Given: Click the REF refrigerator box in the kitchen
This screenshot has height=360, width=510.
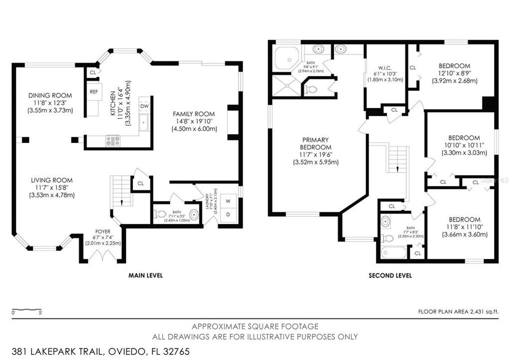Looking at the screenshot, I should point(93,92).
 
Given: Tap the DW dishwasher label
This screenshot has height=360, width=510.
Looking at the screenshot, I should point(144,106).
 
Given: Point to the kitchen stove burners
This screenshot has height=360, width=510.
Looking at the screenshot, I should point(112,140).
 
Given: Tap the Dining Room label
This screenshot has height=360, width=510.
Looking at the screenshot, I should point(50,95).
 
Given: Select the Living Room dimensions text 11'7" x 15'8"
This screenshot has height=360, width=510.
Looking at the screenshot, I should point(51,187).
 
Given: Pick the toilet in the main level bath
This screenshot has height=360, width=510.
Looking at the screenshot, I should point(160,214).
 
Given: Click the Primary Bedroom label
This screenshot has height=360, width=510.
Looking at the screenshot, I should point(315,143).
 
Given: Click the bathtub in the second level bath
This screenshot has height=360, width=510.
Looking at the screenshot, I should point(393,252).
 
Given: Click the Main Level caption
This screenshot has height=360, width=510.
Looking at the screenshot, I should point(145,275).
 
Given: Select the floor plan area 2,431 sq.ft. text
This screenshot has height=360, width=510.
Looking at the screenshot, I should point(458,311).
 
